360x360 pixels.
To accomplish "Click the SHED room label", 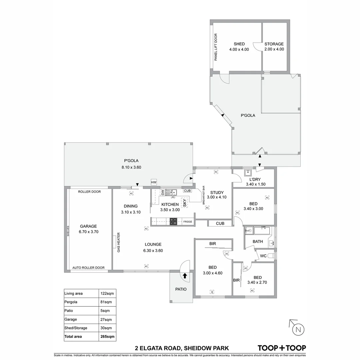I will click(239, 44).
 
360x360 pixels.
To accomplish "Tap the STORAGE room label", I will click(274, 44).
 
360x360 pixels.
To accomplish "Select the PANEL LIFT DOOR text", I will click(216, 47).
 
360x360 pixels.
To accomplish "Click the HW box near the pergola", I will click(154, 182).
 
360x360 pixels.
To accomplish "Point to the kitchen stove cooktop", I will click(174, 222).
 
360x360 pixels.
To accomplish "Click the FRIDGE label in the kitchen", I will click(187, 222).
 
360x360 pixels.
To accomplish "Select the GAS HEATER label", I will click(118, 241).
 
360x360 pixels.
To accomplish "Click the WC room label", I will click(263, 256).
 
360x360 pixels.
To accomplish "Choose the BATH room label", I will click(258, 241).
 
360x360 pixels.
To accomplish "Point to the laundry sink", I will click(248, 173).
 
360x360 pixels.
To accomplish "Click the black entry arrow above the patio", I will click(185, 276).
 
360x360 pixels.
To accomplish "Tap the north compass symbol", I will click(298, 330).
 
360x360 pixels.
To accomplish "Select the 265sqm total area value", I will click(108, 337).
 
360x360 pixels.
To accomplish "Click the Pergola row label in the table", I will click(71, 302).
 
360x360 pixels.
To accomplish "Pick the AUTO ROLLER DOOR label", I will click(88, 268).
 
